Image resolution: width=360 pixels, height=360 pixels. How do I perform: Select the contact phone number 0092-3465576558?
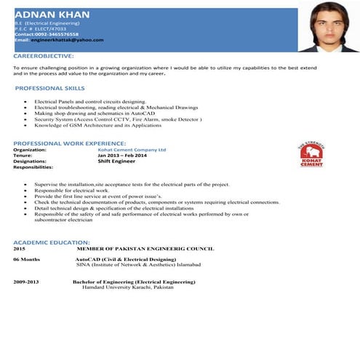click(57, 33)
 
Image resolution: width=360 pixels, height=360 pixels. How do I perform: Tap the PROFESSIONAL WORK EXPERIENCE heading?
click(70, 143)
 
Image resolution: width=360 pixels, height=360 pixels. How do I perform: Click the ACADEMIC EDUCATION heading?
click(52, 241)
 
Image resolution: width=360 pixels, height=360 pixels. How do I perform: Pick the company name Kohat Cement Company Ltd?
click(132, 150)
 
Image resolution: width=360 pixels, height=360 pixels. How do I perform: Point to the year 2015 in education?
click(19, 248)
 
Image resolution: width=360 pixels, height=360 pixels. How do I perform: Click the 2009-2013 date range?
click(25, 281)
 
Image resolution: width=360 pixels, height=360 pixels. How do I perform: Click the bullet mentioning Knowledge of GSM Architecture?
click(97, 125)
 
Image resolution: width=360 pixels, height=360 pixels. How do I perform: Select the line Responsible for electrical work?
click(71, 191)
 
